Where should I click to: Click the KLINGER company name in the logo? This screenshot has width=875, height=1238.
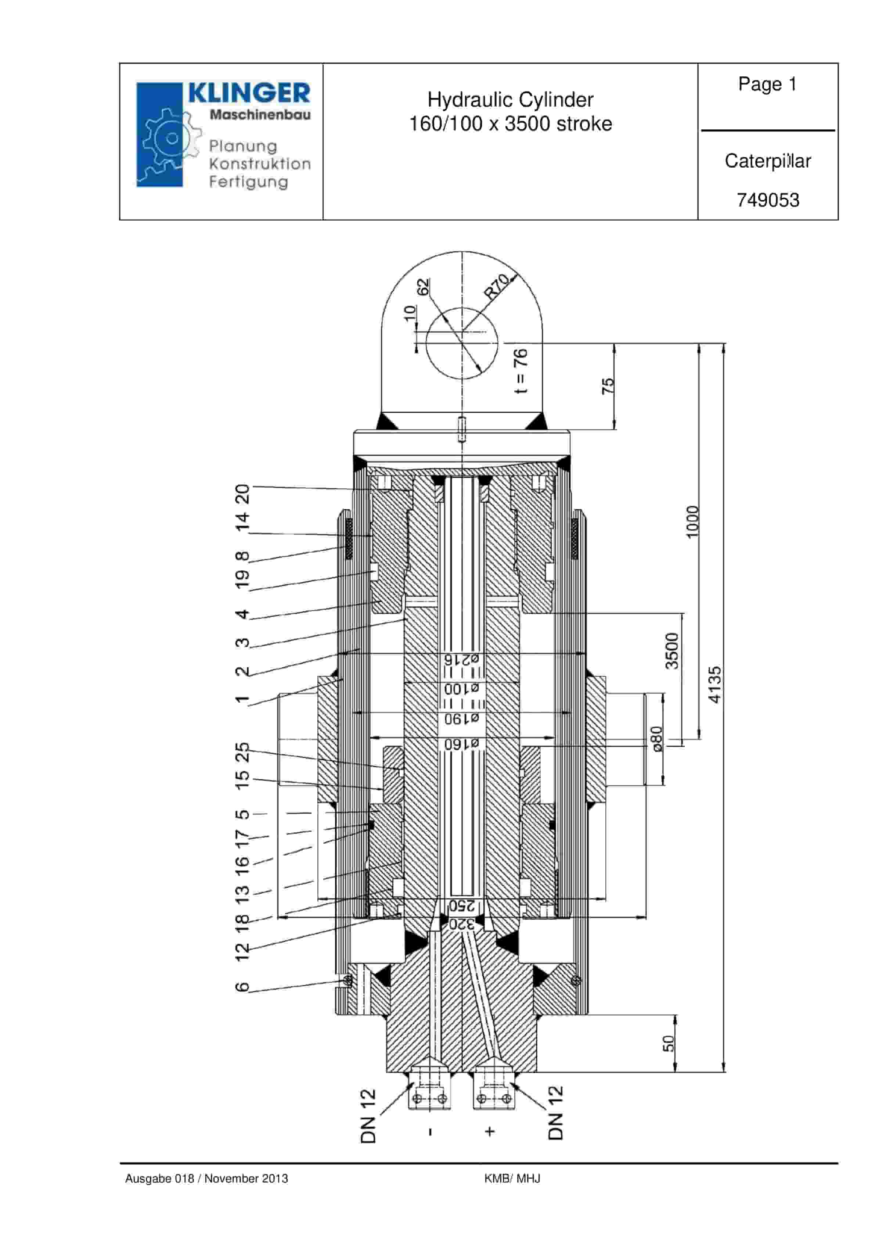click(249, 93)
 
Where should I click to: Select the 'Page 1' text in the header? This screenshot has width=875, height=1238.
click(767, 84)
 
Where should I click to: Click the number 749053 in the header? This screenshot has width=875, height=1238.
click(768, 200)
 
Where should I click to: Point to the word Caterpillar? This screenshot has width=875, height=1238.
click(768, 161)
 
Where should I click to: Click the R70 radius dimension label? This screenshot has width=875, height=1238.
click(497, 286)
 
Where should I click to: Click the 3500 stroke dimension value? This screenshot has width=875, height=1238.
click(672, 651)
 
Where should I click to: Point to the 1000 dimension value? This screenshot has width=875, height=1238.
click(692, 521)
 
